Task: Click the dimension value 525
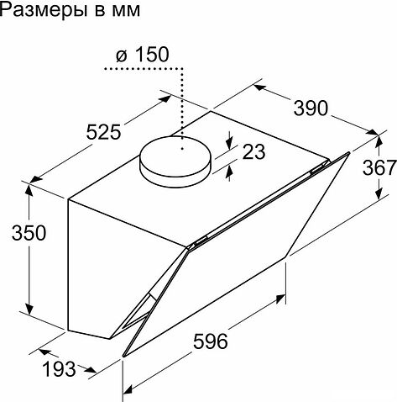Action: coord(103,133)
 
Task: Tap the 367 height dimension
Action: coord(379,167)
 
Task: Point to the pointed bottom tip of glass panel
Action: coord(125,356)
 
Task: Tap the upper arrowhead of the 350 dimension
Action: coord(30,187)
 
